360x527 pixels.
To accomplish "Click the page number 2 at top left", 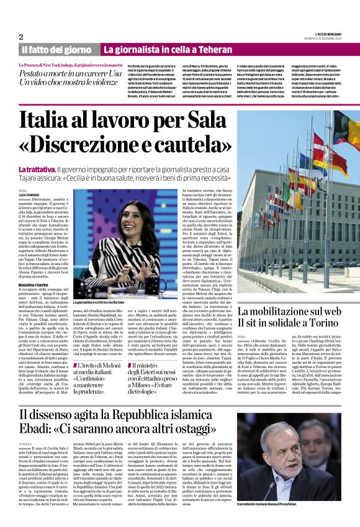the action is [20, 37].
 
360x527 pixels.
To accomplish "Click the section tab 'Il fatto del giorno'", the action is [58, 49].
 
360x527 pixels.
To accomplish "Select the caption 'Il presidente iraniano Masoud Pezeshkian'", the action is [292, 503].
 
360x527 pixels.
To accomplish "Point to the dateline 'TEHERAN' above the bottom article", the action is [25, 444].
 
